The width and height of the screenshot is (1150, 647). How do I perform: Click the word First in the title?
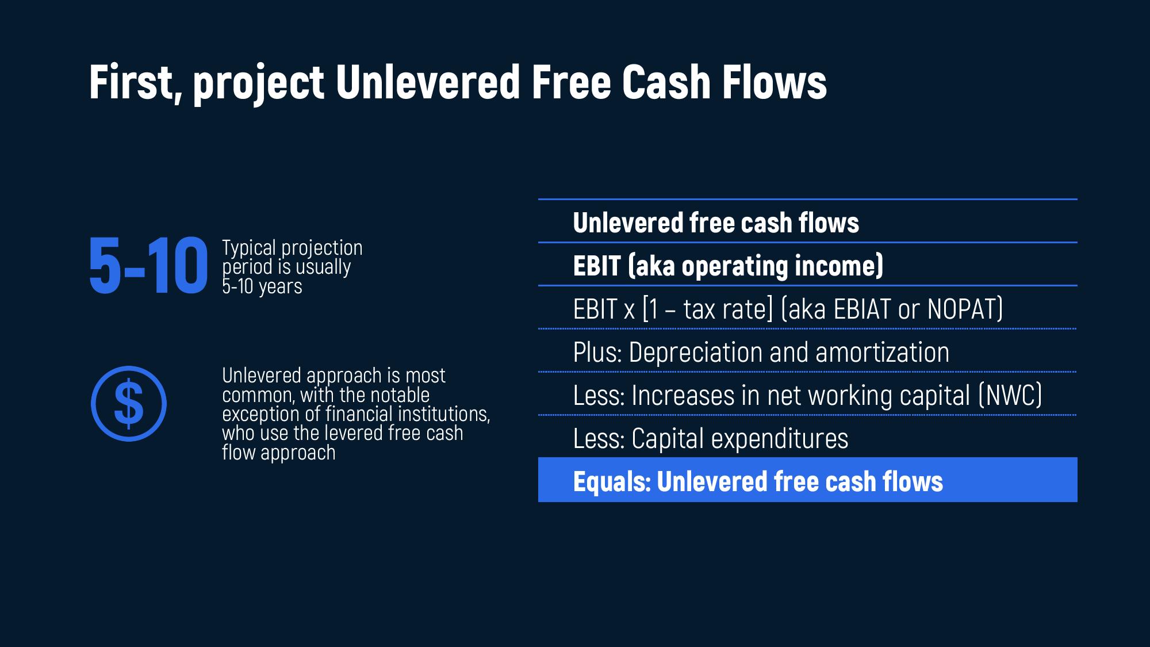click(132, 82)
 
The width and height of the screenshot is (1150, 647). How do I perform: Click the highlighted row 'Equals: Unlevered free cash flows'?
click(807, 480)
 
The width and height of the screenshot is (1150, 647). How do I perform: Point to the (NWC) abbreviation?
click(1010, 395)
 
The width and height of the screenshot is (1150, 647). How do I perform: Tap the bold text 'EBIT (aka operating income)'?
click(728, 266)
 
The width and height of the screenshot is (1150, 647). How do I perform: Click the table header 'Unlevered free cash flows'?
click(716, 223)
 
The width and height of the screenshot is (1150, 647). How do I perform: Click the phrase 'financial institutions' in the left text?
click(408, 414)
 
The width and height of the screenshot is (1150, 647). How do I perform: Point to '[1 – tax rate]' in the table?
click(708, 309)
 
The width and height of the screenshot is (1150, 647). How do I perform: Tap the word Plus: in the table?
click(597, 352)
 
